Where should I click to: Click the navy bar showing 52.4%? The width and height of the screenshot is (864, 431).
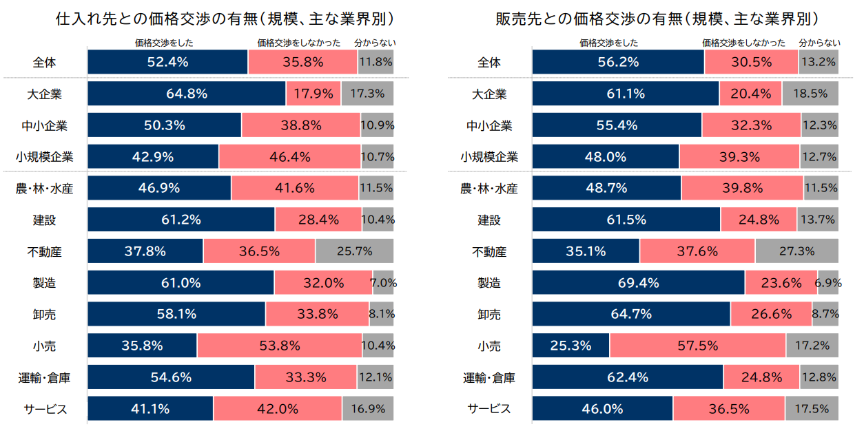point(167,62)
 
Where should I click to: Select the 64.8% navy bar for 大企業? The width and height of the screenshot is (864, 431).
point(187,94)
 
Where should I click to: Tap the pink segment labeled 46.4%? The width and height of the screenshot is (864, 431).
point(289,157)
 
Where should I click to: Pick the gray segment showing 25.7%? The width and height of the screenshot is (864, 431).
point(354,251)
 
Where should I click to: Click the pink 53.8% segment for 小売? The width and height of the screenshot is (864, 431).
point(279,346)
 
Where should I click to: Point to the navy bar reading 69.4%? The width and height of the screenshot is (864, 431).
point(638,283)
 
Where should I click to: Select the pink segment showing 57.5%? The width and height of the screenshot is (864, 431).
point(697,346)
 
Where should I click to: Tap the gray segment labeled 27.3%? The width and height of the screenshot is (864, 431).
point(796,251)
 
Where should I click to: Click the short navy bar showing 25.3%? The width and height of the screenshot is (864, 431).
point(570,346)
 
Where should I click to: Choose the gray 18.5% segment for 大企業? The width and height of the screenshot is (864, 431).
point(810,94)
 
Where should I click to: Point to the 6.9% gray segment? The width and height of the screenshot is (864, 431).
point(828,283)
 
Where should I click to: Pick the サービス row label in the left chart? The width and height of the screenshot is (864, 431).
point(44,409)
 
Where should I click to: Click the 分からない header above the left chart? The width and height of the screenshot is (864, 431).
point(375,43)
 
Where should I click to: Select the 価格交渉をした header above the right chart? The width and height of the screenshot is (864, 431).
point(609,43)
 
